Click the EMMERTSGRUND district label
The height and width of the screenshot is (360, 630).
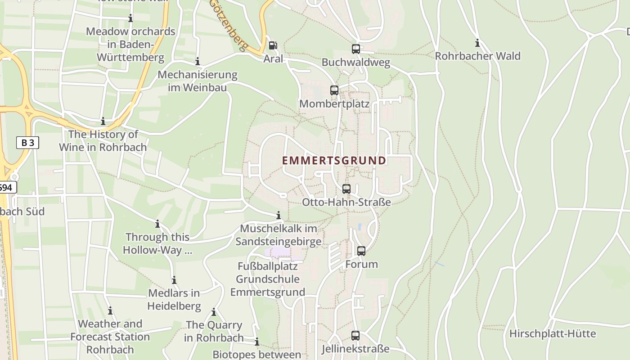click(334, 161)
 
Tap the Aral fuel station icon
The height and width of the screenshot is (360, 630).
click(273, 45)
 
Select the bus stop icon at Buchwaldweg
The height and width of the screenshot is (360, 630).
click(355, 49)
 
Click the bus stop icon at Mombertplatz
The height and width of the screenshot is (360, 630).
click(334, 90)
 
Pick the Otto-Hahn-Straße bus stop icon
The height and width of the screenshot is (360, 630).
click(346, 189)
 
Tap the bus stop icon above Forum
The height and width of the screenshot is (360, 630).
click(361, 251)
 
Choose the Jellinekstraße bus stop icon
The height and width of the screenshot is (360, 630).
click(355, 336)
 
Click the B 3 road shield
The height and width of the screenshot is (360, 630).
click(27, 143)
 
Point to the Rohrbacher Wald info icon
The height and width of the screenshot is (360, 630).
click(477, 44)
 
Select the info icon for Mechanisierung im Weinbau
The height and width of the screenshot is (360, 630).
click(197, 62)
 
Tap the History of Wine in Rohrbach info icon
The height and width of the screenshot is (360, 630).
click(103, 121)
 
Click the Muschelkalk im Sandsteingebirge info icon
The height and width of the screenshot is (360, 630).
click(278, 216)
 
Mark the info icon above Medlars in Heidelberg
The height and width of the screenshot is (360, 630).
click(174, 280)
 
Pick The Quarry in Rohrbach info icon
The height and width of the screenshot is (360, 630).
click(213, 312)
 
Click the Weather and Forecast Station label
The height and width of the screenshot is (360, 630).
click(110, 337)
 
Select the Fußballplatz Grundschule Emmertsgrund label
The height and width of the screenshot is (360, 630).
click(267, 279)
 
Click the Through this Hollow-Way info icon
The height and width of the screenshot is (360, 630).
click(157, 224)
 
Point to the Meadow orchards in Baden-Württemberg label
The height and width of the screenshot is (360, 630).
click(130, 45)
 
